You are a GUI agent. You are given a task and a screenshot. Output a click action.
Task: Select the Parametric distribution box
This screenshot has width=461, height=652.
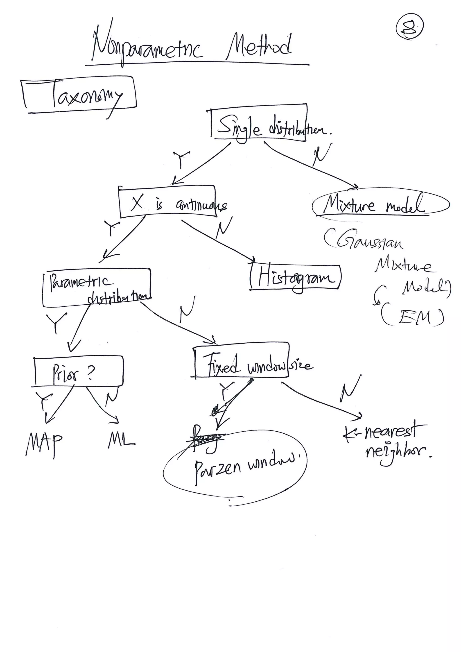[x=97, y=287]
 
